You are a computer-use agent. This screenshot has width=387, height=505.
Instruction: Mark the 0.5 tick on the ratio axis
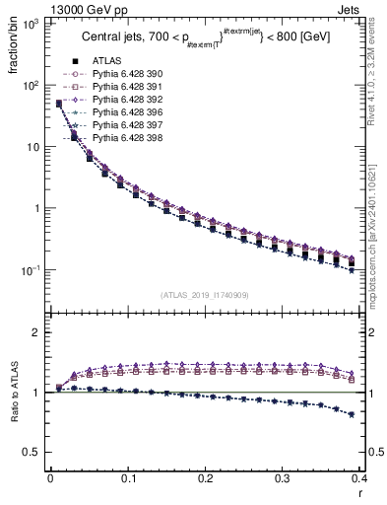[x=36, y=452]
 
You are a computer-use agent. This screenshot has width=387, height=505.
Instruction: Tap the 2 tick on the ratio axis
[x=39, y=332]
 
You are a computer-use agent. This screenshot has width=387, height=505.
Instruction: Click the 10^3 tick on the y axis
[x=32, y=23]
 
